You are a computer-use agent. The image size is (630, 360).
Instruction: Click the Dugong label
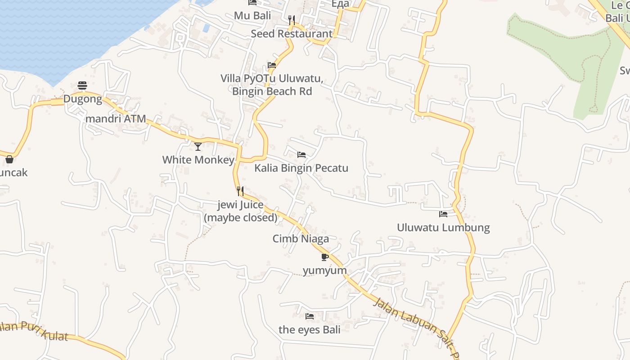point(82,99)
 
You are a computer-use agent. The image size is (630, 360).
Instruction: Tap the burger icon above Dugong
point(82,85)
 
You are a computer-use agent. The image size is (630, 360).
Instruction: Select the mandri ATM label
point(116,119)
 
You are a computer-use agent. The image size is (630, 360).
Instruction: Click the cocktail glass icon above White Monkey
point(198,146)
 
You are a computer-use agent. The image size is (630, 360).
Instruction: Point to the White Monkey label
point(198,160)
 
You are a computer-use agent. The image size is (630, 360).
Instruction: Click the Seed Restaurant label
point(292,34)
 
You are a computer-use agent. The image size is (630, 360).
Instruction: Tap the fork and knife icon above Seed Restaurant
point(292,20)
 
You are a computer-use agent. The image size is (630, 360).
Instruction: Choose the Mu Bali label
point(252,16)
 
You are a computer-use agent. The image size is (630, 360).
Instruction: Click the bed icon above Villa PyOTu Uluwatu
point(272,65)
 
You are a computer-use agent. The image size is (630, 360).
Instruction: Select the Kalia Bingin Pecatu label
point(301,168)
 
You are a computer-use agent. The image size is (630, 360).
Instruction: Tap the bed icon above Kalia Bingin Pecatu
point(301,155)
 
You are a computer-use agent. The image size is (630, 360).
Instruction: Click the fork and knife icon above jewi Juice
point(240,191)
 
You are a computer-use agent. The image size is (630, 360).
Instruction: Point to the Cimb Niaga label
point(301,239)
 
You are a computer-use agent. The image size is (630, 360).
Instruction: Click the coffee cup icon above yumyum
point(324,257)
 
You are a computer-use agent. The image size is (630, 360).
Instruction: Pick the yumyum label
point(324,270)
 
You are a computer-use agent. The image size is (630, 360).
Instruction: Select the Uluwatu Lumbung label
point(443,227)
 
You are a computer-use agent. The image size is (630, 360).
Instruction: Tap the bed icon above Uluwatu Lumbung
point(443,214)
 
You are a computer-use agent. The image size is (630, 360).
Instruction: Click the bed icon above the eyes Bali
point(310,316)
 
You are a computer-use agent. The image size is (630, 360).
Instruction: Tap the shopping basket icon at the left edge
point(9,159)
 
